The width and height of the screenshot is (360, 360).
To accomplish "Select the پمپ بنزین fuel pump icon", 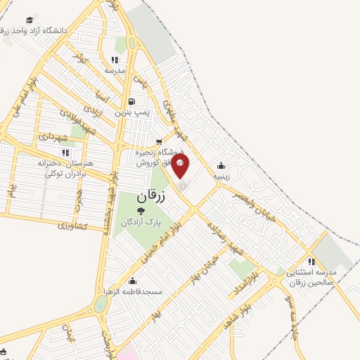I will pos(131,101).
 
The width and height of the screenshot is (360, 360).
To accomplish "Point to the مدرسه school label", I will pos(115,71).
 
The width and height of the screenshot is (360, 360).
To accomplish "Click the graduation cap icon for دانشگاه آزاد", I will pos(30,20).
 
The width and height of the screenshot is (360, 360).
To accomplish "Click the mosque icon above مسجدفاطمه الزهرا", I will pos(133,281).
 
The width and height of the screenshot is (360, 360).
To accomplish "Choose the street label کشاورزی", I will pos(72,226).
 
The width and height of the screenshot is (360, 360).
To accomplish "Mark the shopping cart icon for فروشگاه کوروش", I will pos(159,141).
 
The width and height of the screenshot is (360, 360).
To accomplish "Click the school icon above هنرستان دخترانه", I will pos(65,153).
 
